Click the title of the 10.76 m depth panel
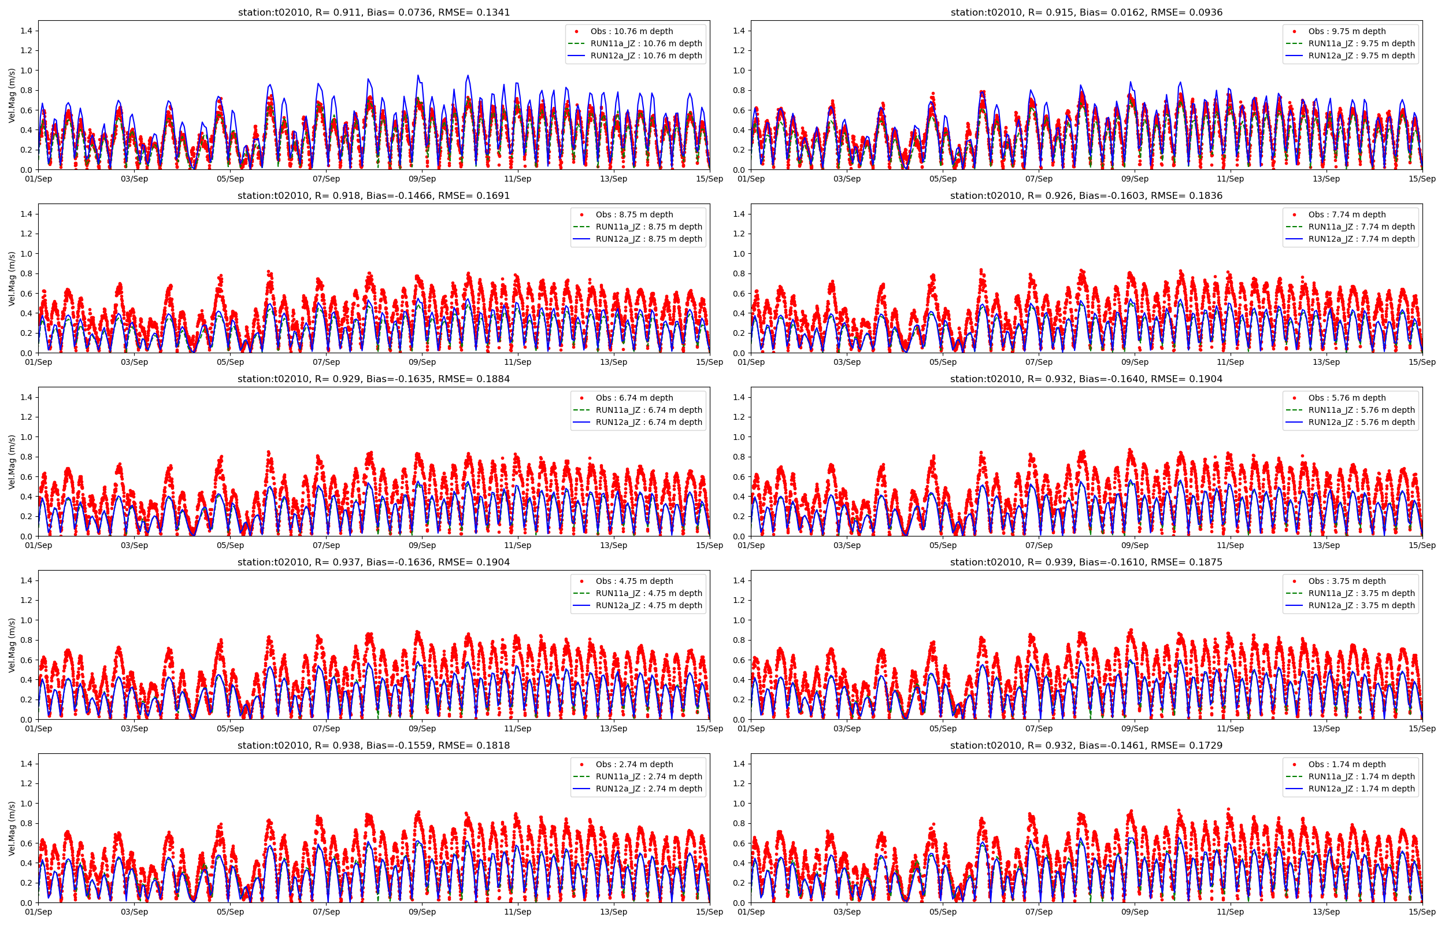click(373, 12)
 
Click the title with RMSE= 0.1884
click(373, 379)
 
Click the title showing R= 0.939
click(1086, 562)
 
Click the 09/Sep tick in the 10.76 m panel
click(422, 179)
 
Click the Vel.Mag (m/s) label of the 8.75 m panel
click(12, 279)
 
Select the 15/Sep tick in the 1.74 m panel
click(1421, 912)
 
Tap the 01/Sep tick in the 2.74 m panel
click(38, 912)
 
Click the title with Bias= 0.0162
click(1086, 12)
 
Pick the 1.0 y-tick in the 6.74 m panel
click(27, 437)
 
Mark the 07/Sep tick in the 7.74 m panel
click(1039, 362)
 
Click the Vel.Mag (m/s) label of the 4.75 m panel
click(12, 645)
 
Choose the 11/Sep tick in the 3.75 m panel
click(1230, 728)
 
